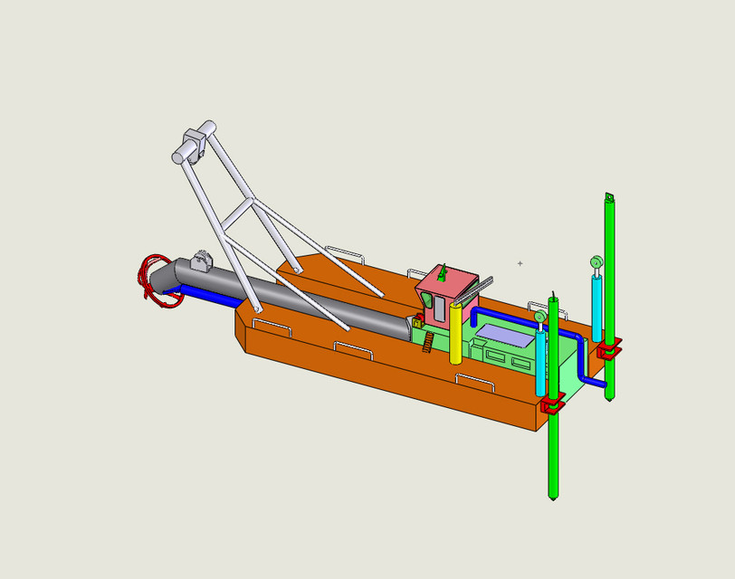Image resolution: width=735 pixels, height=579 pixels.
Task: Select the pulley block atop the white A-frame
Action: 192,146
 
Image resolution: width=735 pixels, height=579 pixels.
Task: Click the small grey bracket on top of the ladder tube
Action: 200,262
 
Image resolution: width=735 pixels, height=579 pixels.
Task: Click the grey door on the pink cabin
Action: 439,308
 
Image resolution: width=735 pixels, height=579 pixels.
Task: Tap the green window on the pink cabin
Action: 426,300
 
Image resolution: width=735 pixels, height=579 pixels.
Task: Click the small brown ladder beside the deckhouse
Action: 428,342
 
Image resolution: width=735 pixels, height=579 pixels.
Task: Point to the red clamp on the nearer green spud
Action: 552,403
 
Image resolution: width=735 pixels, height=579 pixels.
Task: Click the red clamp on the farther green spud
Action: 608,347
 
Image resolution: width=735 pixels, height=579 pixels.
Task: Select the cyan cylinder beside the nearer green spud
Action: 540,362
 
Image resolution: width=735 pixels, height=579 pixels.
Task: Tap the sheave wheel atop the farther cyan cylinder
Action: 597,262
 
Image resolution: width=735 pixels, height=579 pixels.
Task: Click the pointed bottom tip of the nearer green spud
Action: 553,496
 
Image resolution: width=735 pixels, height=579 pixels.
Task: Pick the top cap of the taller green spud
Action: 609,198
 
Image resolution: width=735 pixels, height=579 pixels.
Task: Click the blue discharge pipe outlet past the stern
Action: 601,385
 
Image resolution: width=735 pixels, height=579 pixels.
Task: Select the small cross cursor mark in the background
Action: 520,263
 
